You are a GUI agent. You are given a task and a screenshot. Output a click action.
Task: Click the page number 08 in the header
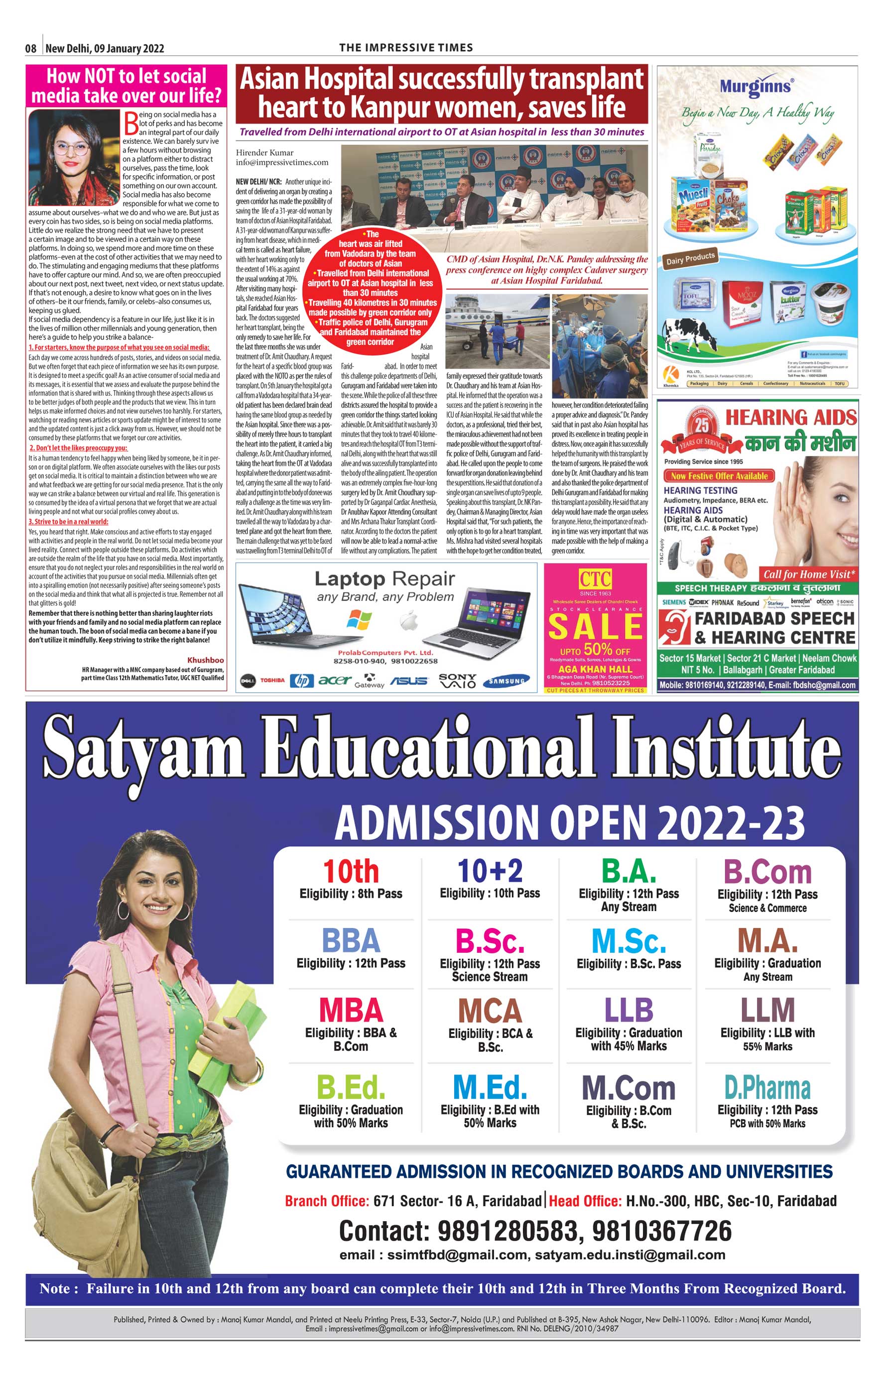tap(31, 49)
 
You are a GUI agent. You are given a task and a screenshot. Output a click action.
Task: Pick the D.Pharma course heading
tap(767, 1087)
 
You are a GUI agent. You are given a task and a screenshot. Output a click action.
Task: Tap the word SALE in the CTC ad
tap(595, 626)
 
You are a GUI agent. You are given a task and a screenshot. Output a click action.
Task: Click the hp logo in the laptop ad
tap(301, 681)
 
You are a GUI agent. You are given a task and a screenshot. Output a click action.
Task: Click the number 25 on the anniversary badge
tap(702, 425)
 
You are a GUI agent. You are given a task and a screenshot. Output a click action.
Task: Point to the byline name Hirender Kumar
tap(264, 153)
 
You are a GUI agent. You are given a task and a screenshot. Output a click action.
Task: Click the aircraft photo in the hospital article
tap(497, 330)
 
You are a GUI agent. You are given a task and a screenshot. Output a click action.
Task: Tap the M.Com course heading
tap(629, 1088)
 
